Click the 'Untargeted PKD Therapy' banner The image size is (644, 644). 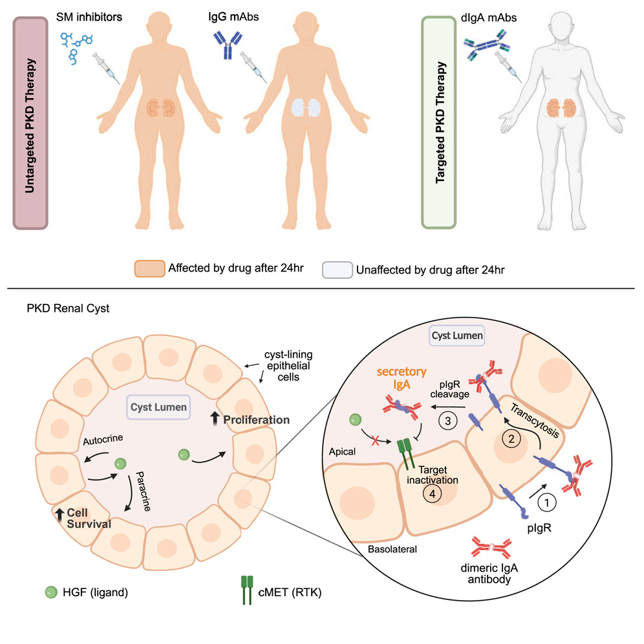coord(32,123)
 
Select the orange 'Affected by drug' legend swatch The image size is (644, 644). coord(149,268)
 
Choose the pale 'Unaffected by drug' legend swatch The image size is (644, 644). coord(336,268)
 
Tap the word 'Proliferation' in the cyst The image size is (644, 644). coord(256,420)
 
